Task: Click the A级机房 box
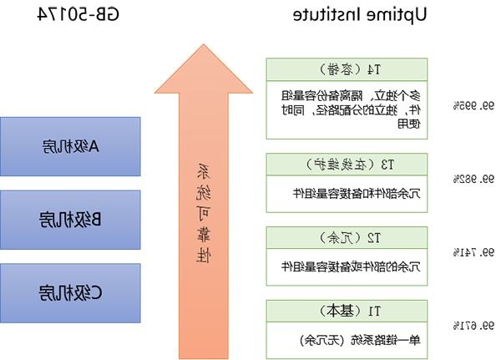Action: pyautogui.click(x=70, y=147)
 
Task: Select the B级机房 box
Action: pyautogui.click(x=70, y=220)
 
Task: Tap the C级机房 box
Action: pyautogui.click(x=70, y=293)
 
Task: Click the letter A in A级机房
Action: pyautogui.click(x=94, y=147)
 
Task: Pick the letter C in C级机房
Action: pyautogui.click(x=94, y=293)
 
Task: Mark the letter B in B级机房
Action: pyautogui.click(x=94, y=220)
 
